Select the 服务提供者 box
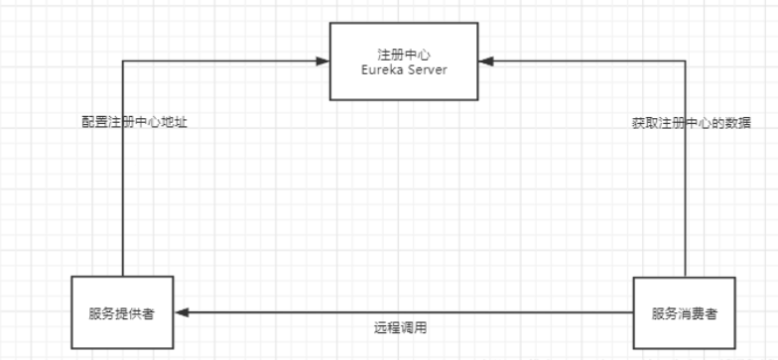click(122, 312)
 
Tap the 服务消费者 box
click(685, 312)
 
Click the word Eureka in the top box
click(382, 70)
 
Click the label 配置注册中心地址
click(134, 124)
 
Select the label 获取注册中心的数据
click(692, 124)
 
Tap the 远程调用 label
click(401, 327)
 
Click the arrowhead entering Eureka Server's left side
click(324, 61)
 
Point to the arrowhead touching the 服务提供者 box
click(181, 311)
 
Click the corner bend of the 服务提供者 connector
click(122, 61)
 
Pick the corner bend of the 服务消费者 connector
click(686, 61)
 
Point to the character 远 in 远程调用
click(380, 327)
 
